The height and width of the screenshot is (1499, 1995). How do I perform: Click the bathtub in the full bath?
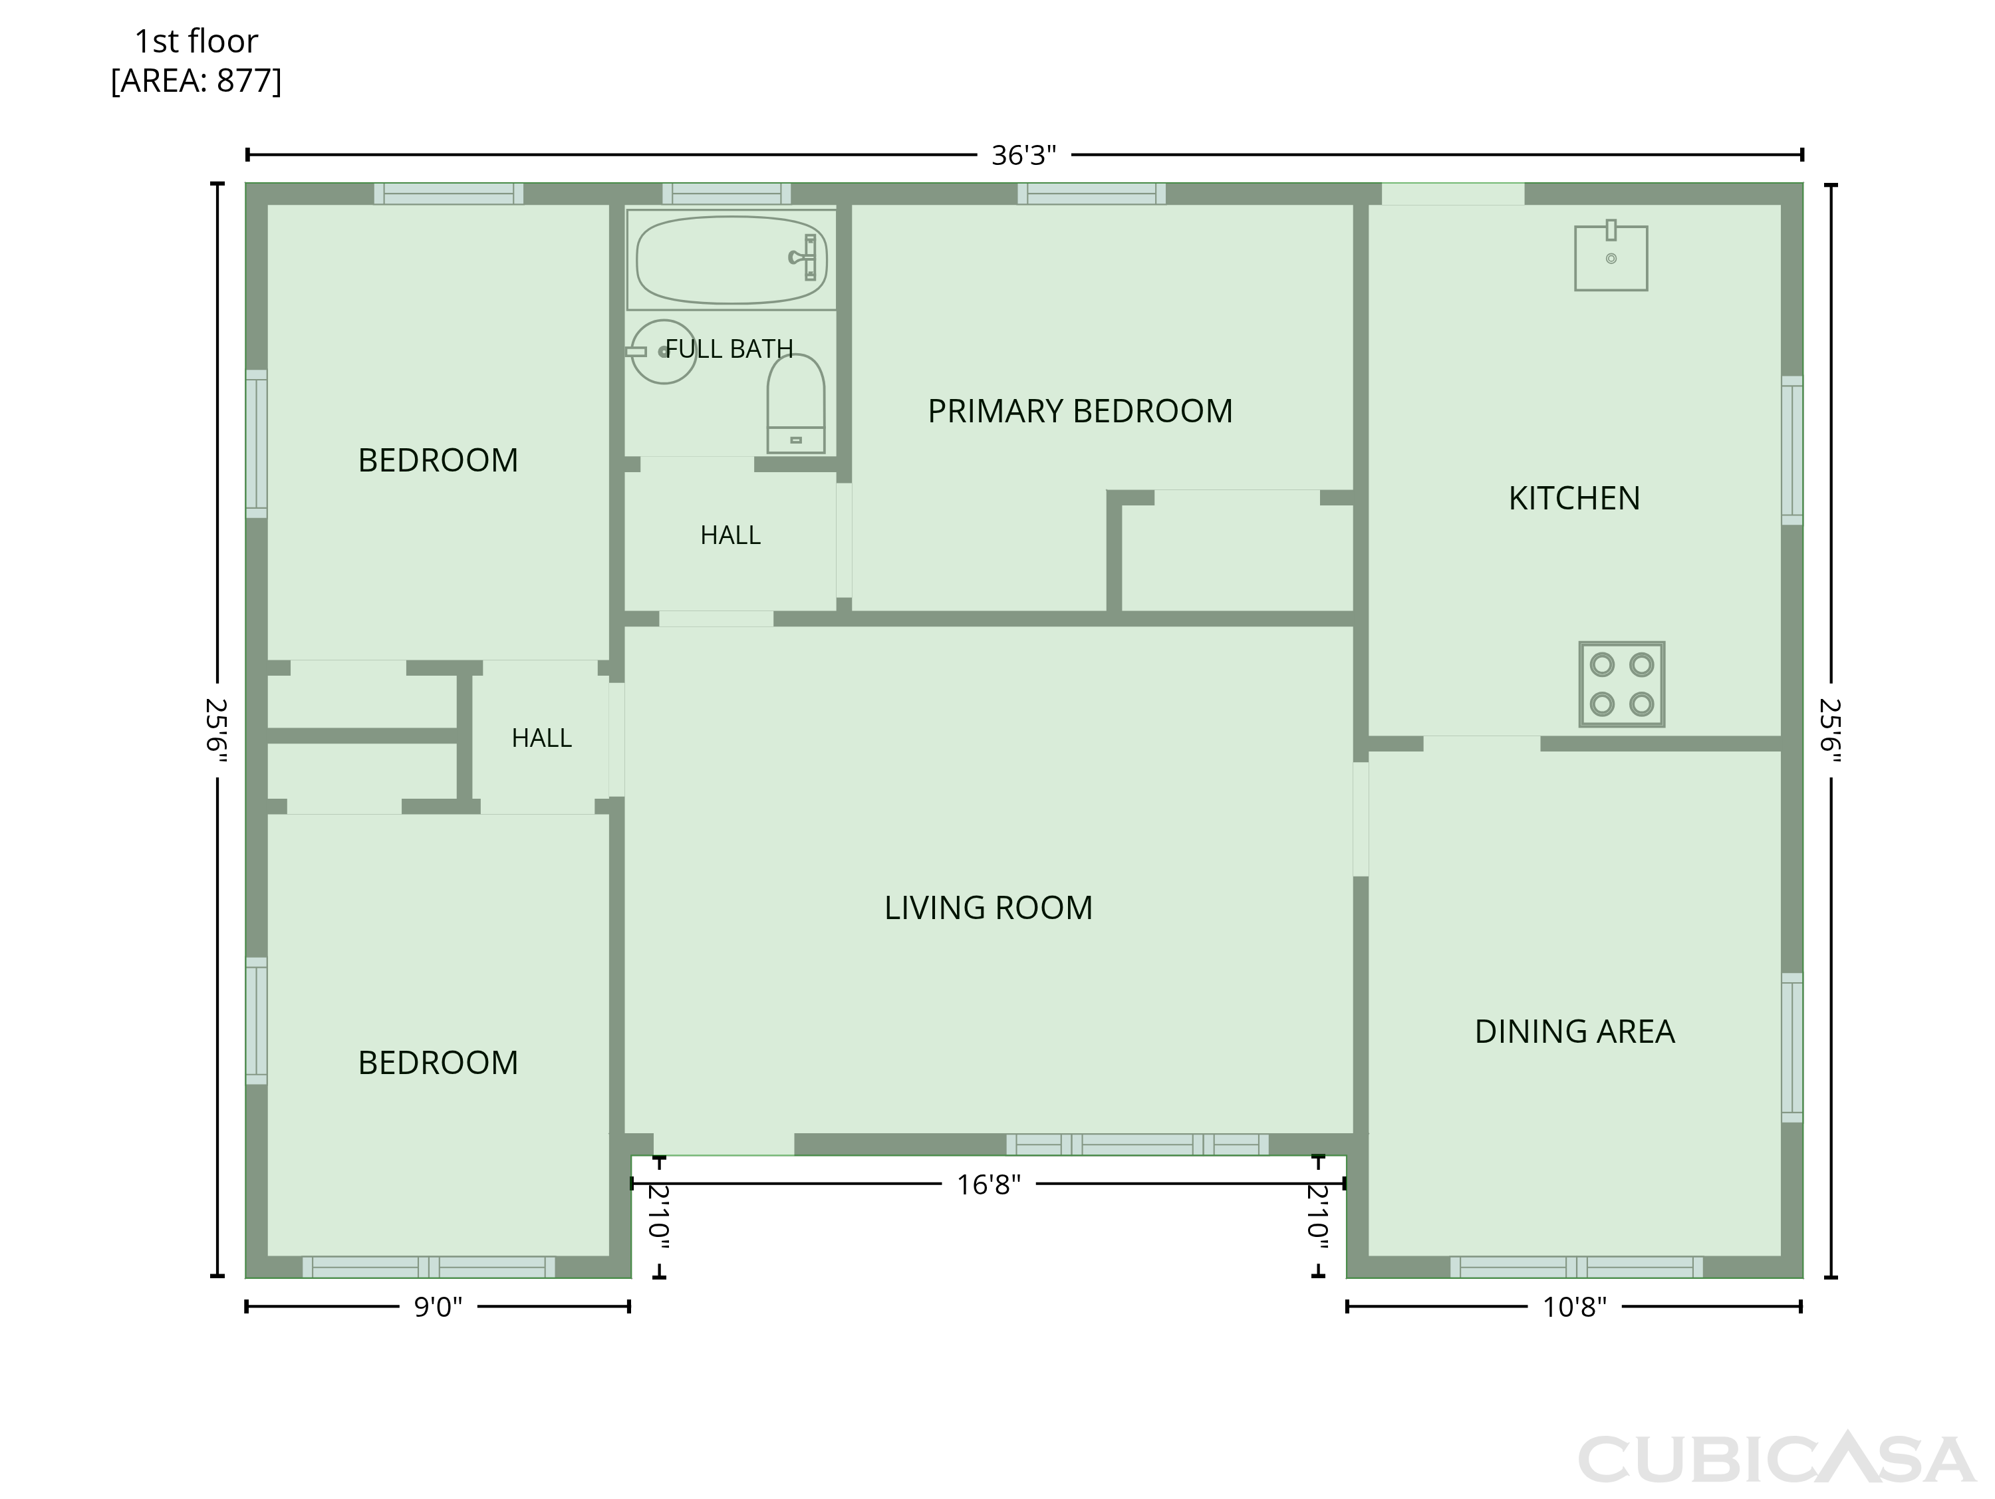click(x=731, y=260)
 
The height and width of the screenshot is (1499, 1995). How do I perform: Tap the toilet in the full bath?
click(x=795, y=403)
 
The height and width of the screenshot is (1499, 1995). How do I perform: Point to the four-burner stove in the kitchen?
click(x=1622, y=684)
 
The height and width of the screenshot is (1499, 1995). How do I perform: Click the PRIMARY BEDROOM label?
click(x=1079, y=411)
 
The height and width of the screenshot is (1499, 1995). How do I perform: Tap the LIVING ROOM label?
click(x=988, y=907)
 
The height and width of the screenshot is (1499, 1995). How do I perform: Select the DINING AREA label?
click(x=1575, y=1031)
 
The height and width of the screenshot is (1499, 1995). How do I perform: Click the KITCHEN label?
click(x=1575, y=498)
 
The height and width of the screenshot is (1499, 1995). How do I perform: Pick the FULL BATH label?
click(x=729, y=349)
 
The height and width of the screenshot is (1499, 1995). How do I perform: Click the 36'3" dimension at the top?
click(x=1023, y=155)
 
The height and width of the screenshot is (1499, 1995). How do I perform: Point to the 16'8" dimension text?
click(x=988, y=1184)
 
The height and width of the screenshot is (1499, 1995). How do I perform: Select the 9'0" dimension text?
click(x=438, y=1307)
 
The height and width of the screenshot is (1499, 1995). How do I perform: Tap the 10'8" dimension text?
click(x=1575, y=1307)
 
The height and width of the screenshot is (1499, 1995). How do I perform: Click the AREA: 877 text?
click(x=196, y=81)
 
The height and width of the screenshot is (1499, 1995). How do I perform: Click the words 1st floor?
click(x=196, y=41)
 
